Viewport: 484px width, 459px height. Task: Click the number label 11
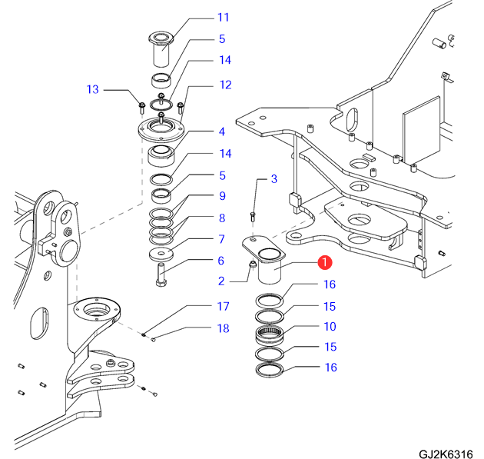[223, 17]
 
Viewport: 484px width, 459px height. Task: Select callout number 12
[225, 85]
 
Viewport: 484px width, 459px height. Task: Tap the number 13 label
[93, 90]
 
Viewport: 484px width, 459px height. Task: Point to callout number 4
[221, 131]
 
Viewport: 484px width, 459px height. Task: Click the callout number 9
[221, 196]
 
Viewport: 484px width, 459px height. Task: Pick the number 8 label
[221, 218]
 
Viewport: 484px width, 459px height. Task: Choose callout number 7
[221, 239]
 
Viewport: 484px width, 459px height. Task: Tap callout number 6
[221, 261]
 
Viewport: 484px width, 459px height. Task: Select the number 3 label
[273, 179]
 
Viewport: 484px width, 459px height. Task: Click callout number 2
[221, 281]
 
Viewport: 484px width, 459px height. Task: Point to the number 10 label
[329, 328]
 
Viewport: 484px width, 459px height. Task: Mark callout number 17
[223, 307]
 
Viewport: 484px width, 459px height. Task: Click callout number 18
[223, 328]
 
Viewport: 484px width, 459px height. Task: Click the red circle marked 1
[324, 263]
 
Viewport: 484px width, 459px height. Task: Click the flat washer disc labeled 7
[161, 254]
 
